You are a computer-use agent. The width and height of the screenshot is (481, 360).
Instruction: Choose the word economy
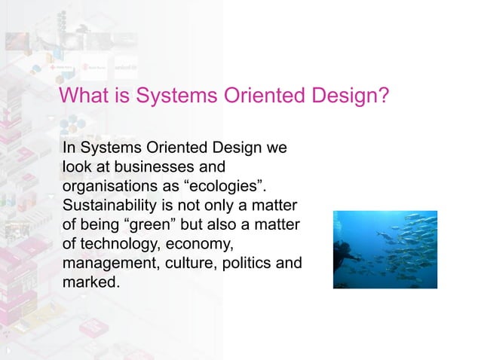tap(202, 244)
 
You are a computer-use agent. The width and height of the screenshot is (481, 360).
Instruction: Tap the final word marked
tap(90, 283)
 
